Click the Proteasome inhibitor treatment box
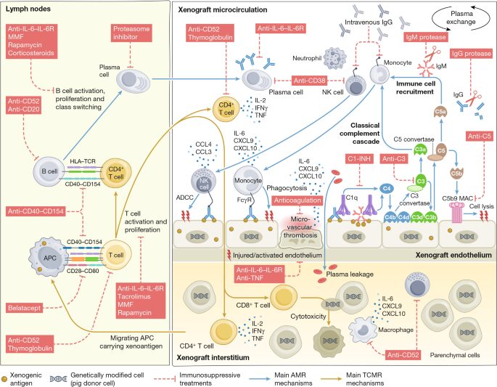click(x=131, y=33)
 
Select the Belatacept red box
click(x=25, y=308)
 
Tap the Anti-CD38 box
click(x=309, y=81)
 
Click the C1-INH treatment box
click(x=359, y=158)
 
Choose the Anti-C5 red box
click(x=480, y=137)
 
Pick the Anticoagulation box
click(x=297, y=200)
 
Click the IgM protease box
click(x=426, y=38)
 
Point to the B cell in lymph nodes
click(x=49, y=171)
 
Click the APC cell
click(x=49, y=258)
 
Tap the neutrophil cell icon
click(x=334, y=58)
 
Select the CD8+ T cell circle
click(x=284, y=298)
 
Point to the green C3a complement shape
click(x=420, y=150)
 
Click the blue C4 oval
click(x=387, y=189)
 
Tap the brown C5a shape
click(x=440, y=112)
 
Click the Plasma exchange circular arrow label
click(x=461, y=17)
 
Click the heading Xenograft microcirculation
click(x=223, y=10)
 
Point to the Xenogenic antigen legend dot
click(x=4, y=379)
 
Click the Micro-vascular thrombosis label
click(x=300, y=227)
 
